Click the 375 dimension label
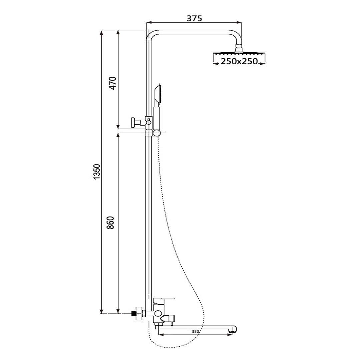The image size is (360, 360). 194,18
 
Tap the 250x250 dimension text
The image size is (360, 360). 239,62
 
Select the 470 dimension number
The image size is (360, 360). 113,83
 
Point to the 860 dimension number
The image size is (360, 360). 110,222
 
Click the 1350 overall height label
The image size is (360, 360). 97,172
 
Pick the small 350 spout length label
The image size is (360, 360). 195,331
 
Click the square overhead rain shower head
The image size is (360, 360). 239,54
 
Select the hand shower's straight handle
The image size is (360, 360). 157,118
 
